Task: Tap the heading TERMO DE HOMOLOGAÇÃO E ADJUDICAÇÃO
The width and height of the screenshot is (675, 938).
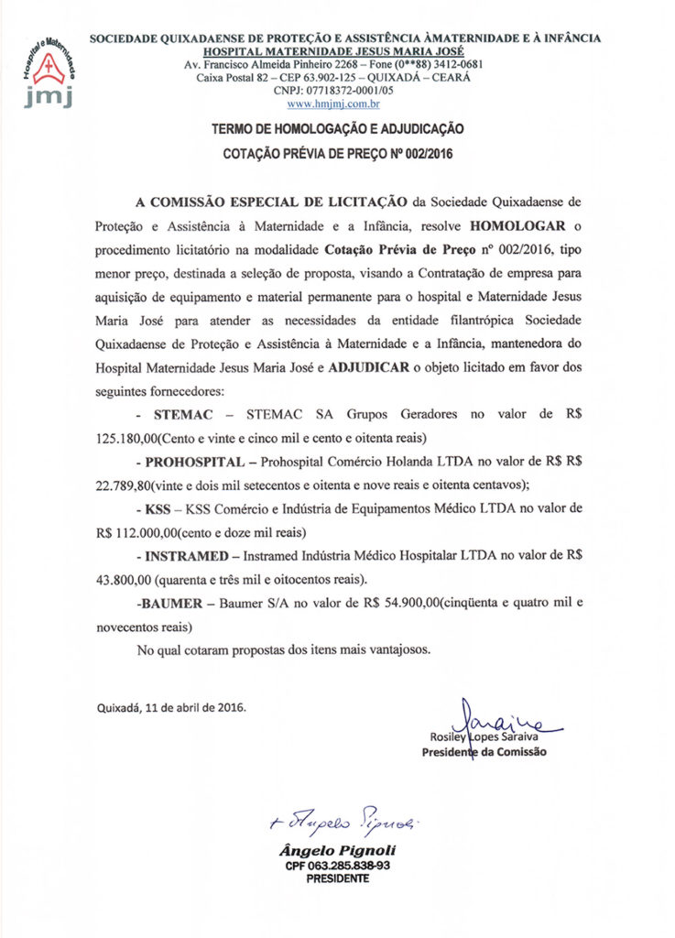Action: click(337, 131)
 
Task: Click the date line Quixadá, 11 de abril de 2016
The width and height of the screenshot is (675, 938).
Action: click(171, 707)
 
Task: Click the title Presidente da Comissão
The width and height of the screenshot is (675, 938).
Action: click(484, 752)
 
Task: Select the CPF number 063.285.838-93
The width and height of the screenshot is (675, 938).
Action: click(337, 866)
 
